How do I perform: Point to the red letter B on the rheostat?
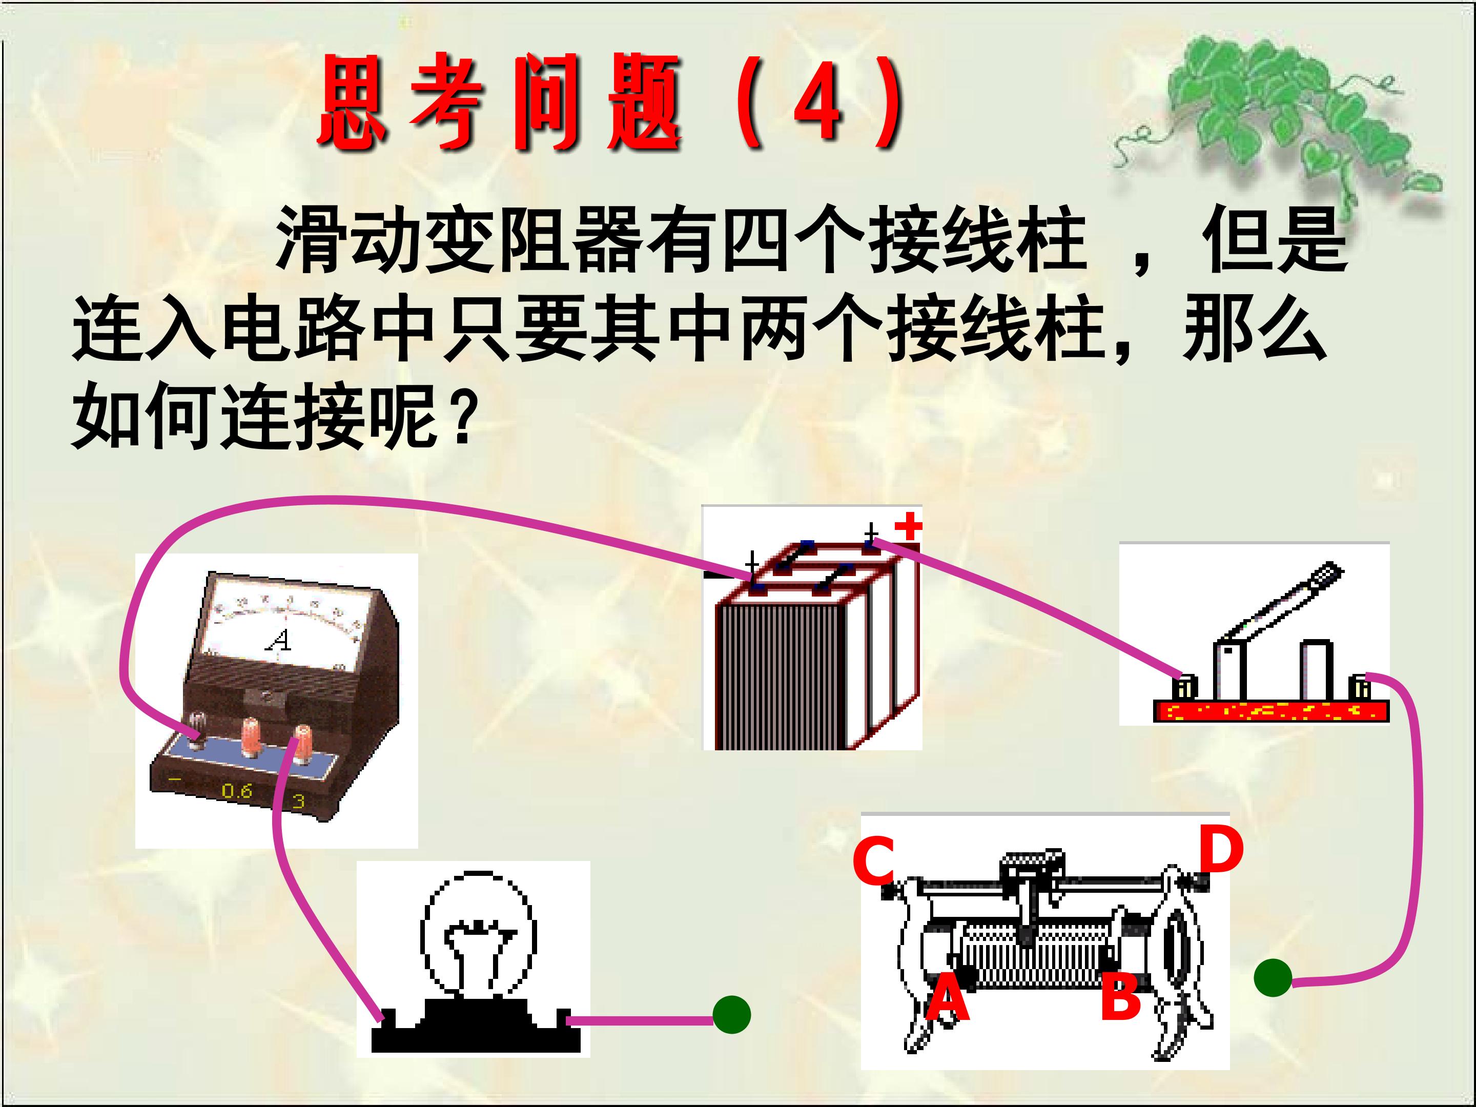[1121, 997]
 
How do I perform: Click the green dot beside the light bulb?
[731, 1015]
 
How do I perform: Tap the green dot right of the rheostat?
[1273, 977]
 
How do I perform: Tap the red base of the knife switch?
[1271, 711]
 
